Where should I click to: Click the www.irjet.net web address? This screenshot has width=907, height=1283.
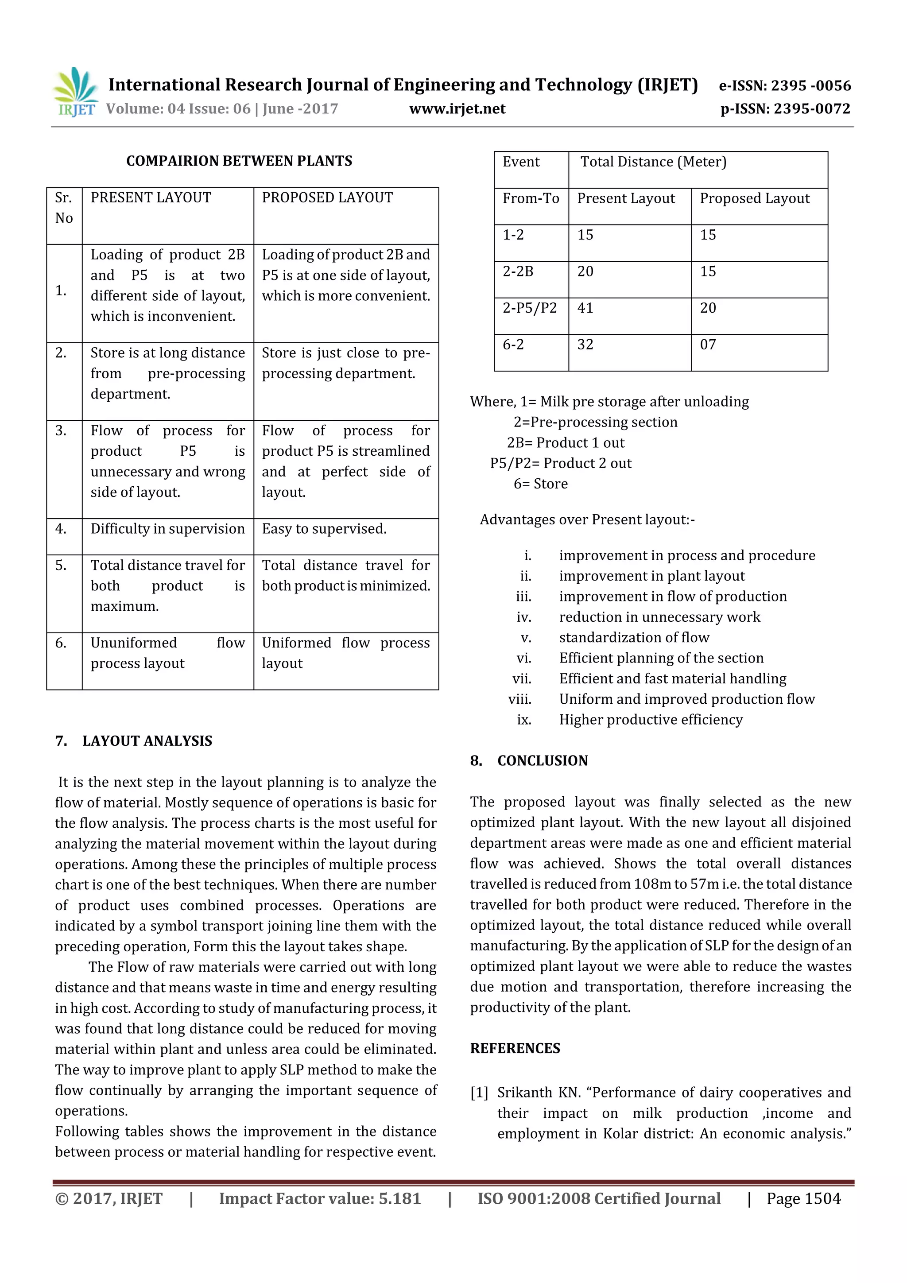457,109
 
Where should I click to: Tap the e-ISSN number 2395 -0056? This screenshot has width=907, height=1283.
810,85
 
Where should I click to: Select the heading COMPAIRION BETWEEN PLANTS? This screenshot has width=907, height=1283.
239,161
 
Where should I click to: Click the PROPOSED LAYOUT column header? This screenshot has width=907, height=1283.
327,198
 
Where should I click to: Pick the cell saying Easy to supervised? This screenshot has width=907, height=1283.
324,529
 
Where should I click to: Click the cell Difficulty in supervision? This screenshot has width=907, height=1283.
168,529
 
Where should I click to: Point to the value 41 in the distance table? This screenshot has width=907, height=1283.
585,308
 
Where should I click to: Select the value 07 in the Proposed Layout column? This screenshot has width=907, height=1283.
708,345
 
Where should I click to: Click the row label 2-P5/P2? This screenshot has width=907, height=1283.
529,308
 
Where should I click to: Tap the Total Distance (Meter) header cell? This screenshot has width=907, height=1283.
653,162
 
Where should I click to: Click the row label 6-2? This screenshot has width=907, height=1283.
513,345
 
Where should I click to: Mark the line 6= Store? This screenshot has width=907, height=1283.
540,484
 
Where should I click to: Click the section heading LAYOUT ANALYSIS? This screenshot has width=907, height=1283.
147,741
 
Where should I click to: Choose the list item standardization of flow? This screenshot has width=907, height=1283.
634,638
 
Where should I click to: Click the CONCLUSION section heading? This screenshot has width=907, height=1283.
542,761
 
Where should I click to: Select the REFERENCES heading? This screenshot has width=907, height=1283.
515,1048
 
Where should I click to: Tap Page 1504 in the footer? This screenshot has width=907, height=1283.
803,1198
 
